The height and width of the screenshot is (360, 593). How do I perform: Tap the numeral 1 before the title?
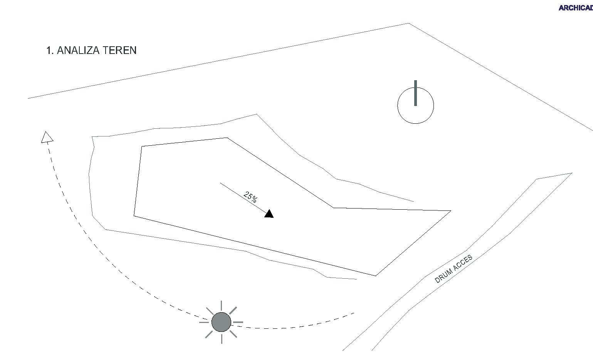(49, 50)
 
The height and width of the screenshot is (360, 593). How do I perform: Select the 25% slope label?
(250, 197)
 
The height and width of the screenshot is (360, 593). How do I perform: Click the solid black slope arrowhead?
(269, 214)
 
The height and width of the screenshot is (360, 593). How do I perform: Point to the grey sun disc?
(222, 322)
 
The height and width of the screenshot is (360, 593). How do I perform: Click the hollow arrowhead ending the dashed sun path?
(47, 138)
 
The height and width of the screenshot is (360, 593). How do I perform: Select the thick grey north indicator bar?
(415, 93)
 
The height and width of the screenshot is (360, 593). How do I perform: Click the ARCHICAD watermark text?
(576, 8)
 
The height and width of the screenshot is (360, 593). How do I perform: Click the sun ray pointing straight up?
(222, 306)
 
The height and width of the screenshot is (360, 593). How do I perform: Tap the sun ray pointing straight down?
(222, 338)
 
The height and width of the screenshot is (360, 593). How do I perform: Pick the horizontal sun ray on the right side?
(238, 322)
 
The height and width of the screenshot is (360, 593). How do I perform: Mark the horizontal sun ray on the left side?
(204, 322)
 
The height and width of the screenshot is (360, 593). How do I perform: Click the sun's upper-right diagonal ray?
(233, 310)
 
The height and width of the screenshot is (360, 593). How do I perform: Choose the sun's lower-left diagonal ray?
(210, 334)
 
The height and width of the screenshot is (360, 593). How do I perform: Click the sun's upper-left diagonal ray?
(210, 311)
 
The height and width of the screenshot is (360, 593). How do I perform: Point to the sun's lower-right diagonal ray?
(233, 333)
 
